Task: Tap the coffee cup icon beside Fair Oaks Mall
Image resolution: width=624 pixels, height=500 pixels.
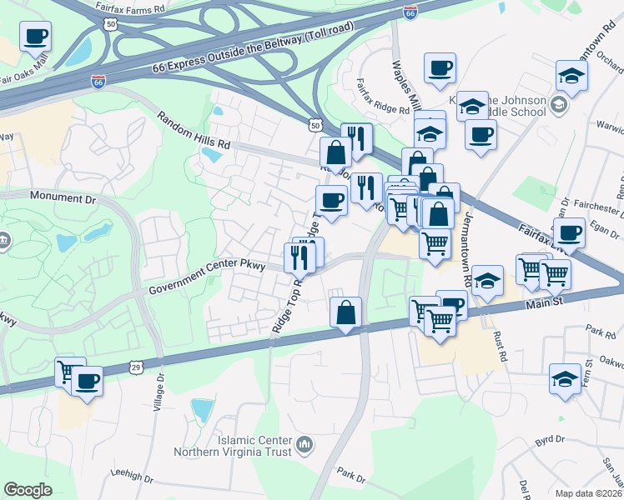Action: pos(36,37)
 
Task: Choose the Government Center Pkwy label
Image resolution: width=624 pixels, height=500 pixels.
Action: pos(207,278)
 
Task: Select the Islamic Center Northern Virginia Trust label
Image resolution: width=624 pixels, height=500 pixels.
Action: pos(232,446)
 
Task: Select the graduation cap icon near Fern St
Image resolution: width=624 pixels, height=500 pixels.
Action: pos(565,378)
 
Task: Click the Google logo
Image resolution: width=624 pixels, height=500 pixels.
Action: pos(28,490)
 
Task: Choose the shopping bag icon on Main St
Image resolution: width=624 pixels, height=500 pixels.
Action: pos(346,314)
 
